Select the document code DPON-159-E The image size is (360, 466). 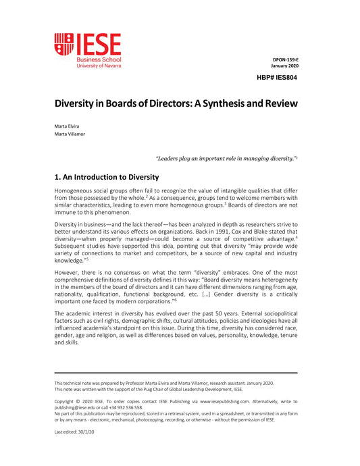(x=284, y=59)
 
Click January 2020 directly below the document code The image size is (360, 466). (x=284, y=66)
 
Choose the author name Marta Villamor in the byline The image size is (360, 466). (x=71, y=134)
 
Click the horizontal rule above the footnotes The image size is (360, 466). (x=176, y=372)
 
